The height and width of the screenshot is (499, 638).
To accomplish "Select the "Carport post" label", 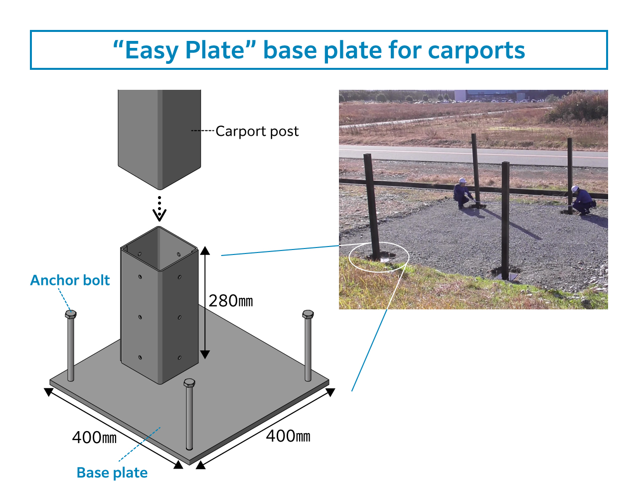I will point(257,131).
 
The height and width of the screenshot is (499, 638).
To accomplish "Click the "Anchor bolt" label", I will point(70,280).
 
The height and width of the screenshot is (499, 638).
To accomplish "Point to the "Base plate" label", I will point(112,473).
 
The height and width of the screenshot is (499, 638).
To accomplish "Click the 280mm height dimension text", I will point(230,301).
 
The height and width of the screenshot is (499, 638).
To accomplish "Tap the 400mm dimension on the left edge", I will point(94,438).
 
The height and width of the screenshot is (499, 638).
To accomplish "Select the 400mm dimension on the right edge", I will point(288,436).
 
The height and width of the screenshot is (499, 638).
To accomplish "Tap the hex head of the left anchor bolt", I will point(71,314).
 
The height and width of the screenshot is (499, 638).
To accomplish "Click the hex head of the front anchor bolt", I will point(189,383).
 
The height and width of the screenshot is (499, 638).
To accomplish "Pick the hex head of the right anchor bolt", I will point(308,314).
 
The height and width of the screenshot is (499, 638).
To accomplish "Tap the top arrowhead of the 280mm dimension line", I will point(205,250).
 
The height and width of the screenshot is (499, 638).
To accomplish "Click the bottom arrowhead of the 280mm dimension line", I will point(205,354).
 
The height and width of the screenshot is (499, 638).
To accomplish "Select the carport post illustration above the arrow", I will point(159,135).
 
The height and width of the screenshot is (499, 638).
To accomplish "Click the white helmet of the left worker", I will point(462,180).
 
